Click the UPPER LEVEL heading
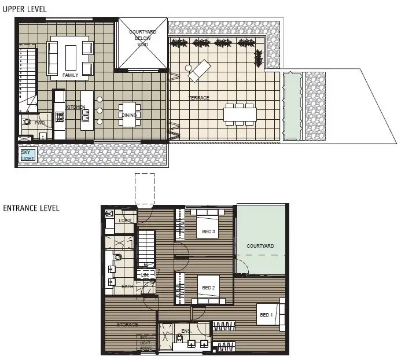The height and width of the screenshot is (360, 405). tap(24, 10)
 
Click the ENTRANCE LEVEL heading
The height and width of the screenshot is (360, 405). tap(31, 208)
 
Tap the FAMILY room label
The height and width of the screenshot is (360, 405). tap(70, 75)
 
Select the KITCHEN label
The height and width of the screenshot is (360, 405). tap(75, 108)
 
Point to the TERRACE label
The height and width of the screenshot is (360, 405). tap(198, 98)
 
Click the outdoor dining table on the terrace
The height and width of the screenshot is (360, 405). tap(240, 114)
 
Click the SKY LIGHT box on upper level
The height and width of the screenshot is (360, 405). tap(26, 155)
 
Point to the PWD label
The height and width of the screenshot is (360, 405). tap(39, 123)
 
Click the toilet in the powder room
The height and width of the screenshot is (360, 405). tap(26, 122)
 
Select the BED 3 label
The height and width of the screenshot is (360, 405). tap(208, 232)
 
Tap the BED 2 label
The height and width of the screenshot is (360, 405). tap(208, 288)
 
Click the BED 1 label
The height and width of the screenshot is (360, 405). tap(266, 315)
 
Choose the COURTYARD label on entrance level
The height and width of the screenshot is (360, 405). tap(260, 246)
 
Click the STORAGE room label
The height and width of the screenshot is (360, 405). tap(127, 325)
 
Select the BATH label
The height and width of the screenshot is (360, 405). tap(127, 286)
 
